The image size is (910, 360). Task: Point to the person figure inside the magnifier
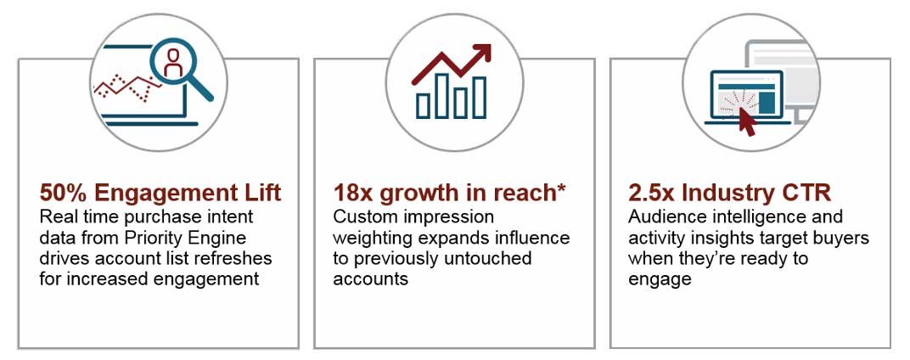[x=174, y=61]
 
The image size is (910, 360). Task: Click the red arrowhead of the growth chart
[x=482, y=53]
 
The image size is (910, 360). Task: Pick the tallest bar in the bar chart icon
[x=479, y=97]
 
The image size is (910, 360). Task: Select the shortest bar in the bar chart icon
[x=423, y=104]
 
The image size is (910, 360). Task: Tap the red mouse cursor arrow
[x=746, y=121]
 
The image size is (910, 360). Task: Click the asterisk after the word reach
[x=560, y=190]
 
